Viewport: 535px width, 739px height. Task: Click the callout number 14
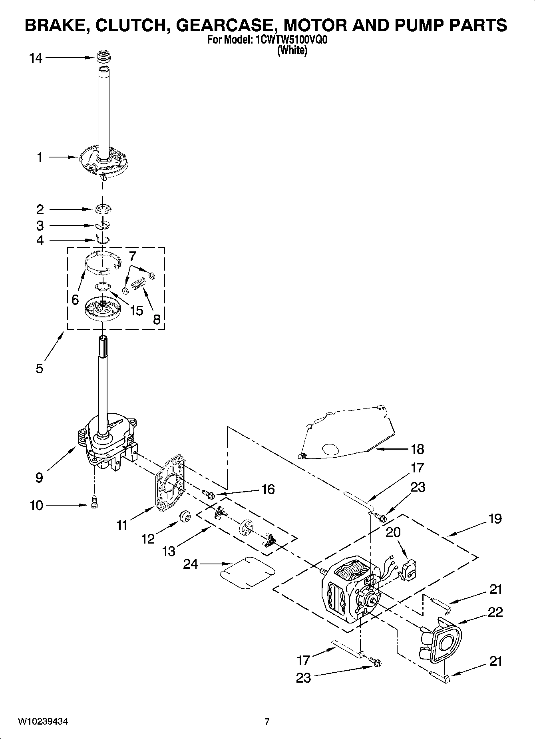[36, 58]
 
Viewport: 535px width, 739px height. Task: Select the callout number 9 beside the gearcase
[39, 477]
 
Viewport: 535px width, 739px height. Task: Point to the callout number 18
[417, 449]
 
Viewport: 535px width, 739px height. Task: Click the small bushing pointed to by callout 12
[185, 516]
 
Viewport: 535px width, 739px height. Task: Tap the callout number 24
[191, 564]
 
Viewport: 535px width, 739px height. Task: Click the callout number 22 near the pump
[495, 612]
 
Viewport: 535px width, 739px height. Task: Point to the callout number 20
[393, 532]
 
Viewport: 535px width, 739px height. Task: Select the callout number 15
[136, 311]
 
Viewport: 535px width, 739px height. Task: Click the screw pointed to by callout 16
[209, 494]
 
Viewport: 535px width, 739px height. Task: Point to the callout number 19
[495, 519]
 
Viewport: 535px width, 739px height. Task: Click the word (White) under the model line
[292, 50]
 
